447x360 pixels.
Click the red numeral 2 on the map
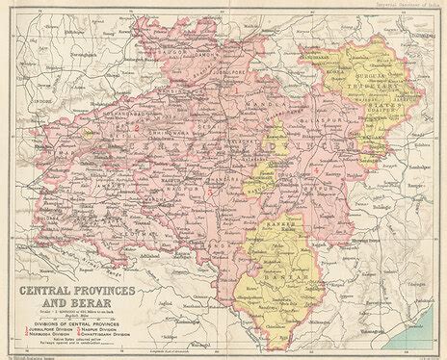tap(138, 128)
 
